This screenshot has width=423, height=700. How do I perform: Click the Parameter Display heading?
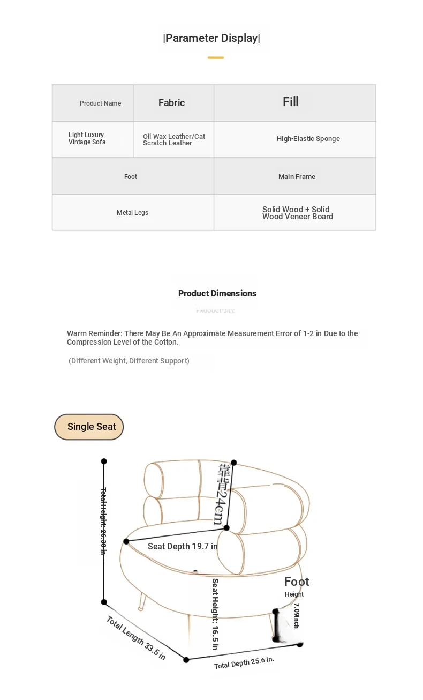[x=211, y=38]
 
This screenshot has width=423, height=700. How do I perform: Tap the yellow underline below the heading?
[x=216, y=57]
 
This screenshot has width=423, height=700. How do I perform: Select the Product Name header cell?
[x=100, y=103]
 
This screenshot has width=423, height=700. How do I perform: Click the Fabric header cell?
[x=171, y=103]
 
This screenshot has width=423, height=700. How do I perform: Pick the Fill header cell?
[x=291, y=102]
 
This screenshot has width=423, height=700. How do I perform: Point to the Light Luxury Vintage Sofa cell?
[x=87, y=139]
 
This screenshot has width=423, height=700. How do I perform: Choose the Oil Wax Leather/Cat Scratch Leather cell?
[x=173, y=140]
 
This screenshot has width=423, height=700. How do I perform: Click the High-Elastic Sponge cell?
[x=308, y=139]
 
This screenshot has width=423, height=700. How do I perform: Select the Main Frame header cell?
[x=297, y=177]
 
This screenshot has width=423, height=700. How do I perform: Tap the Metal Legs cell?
[x=132, y=213]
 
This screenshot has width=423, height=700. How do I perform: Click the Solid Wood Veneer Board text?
[x=297, y=213]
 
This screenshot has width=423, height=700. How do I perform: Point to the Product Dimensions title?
[x=217, y=293]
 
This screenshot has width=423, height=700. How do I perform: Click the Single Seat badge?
[x=89, y=427]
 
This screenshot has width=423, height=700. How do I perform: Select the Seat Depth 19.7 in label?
[x=183, y=546]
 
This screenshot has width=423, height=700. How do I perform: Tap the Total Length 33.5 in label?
[x=135, y=638]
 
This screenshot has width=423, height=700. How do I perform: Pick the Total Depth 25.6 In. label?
[x=244, y=662]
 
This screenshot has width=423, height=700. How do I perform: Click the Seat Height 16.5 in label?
[x=215, y=614]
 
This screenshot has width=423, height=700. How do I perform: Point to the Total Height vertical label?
[x=104, y=520]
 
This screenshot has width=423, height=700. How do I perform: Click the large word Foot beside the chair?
[x=297, y=582]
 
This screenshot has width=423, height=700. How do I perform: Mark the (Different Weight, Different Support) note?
[x=129, y=361]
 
